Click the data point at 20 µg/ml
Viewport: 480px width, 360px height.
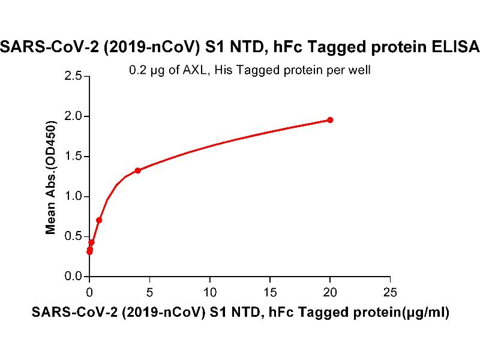pyautogui.click(x=330, y=120)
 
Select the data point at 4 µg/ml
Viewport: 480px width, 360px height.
pyautogui.click(x=138, y=170)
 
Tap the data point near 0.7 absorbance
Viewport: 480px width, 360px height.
pyautogui.click(x=99, y=220)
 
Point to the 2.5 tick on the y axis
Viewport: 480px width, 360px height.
pyautogui.click(x=74, y=76)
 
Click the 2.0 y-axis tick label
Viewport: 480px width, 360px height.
pyautogui.click(x=74, y=116)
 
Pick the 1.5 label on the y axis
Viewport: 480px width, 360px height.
pyautogui.click(x=74, y=157)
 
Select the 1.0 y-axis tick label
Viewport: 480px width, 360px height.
pyautogui.click(x=74, y=197)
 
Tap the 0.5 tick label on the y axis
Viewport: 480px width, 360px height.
pyautogui.click(x=74, y=236)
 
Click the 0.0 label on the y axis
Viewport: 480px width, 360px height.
pyautogui.click(x=74, y=277)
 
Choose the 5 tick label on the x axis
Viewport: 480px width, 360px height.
pyautogui.click(x=150, y=293)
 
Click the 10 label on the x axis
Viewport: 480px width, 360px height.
pyautogui.click(x=210, y=293)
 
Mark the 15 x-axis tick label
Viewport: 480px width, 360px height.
pyautogui.click(x=270, y=293)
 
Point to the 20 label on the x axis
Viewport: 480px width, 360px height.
pyautogui.click(x=330, y=293)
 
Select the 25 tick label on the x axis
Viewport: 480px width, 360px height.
pyautogui.click(x=390, y=293)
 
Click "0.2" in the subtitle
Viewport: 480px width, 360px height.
pyautogui.click(x=137, y=70)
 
